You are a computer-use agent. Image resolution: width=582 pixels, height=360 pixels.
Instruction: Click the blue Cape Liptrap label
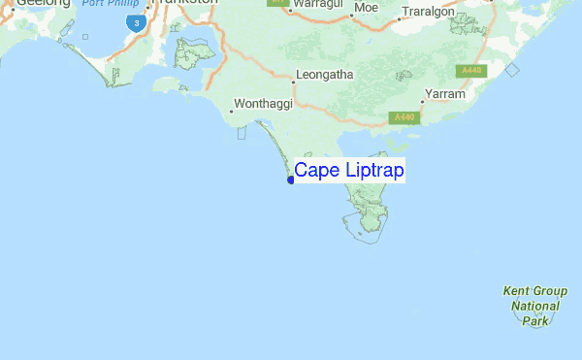350,171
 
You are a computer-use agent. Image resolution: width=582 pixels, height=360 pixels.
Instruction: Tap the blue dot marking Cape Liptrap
291,180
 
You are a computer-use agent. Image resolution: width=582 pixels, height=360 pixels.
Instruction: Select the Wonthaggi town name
264,102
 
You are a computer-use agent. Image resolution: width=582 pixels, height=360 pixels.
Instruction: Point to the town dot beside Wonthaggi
233,111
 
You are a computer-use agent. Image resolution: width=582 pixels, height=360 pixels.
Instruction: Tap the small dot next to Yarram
423,101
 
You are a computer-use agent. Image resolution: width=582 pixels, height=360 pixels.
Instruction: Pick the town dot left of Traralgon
401,16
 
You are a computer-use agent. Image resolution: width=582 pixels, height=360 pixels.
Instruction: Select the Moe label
367,7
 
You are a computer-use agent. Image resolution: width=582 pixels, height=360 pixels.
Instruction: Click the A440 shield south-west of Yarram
404,117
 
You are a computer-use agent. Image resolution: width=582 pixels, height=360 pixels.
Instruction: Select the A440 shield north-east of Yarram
472,70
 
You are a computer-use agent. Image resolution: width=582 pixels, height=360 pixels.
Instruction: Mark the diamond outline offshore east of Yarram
512,69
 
